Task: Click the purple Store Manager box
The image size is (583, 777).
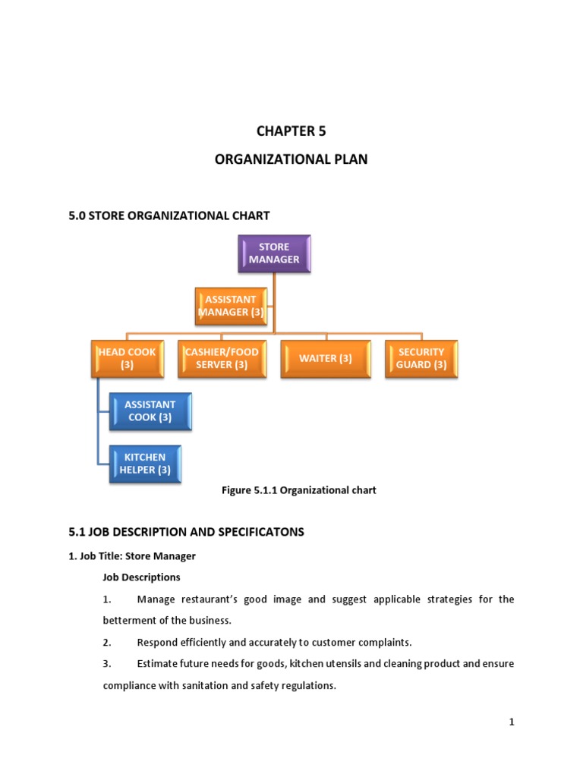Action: (274, 253)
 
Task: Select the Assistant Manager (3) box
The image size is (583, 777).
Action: (231, 306)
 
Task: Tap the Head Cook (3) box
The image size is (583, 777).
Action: (127, 358)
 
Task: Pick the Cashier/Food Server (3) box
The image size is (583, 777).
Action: (222, 358)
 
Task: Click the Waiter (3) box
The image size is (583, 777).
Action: (326, 358)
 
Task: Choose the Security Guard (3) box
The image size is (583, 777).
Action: (421, 358)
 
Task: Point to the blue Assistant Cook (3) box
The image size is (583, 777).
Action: (150, 411)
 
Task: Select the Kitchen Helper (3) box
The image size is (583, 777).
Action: (144, 464)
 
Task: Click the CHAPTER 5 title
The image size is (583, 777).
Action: (291, 131)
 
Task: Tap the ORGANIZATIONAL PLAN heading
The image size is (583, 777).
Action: (291, 160)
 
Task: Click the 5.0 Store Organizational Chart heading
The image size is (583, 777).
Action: (169, 215)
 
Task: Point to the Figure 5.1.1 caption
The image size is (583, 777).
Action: (298, 490)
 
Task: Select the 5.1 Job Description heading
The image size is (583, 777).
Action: (186, 532)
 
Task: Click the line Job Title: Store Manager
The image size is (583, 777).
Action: (132, 556)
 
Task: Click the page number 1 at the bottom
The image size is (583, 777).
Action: (512, 722)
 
